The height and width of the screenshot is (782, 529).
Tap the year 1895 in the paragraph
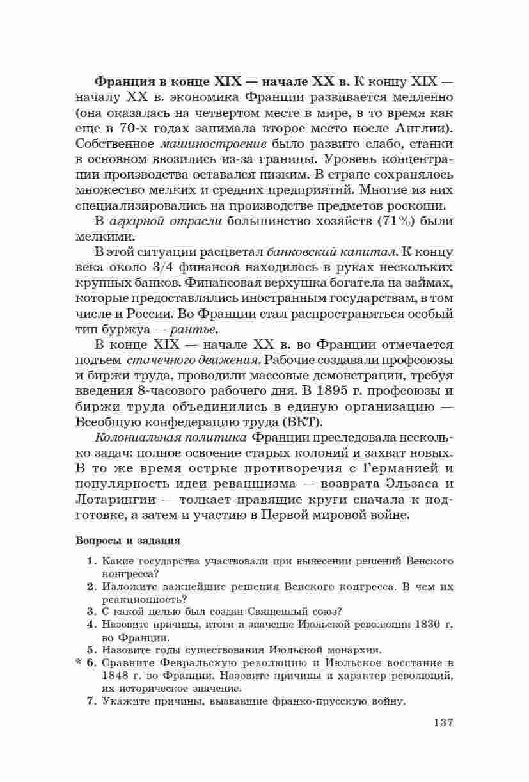336,391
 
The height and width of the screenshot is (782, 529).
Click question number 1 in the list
91,561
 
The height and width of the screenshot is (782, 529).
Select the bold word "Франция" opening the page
124,81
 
